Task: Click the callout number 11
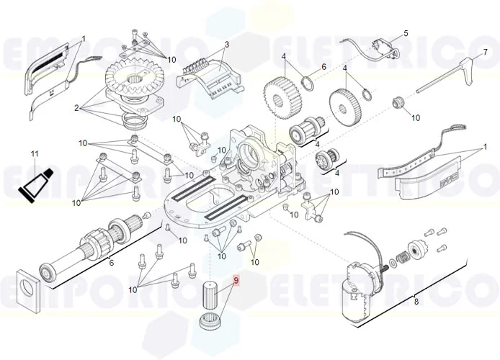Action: coord(34,154)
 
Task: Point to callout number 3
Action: coord(226,45)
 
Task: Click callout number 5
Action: coord(405,33)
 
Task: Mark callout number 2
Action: coord(76,108)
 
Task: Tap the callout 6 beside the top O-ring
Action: coord(323,66)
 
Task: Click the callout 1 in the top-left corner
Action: coord(83,38)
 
